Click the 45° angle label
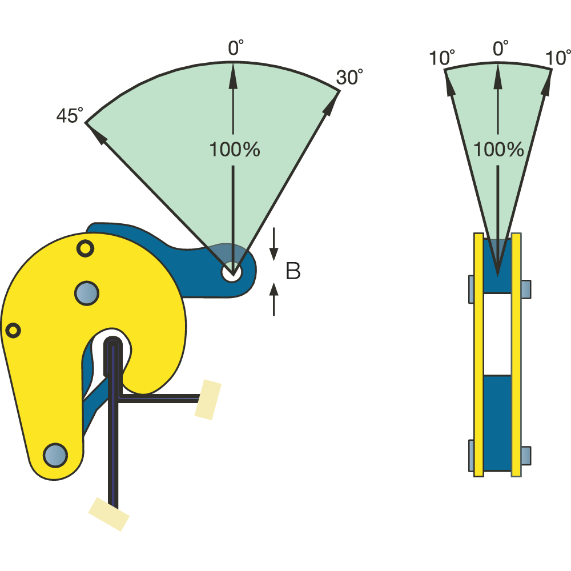click(x=69, y=116)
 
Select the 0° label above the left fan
click(x=236, y=49)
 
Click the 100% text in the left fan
click(x=235, y=150)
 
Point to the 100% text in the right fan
click(x=498, y=150)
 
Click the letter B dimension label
click(x=293, y=272)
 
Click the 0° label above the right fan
click(x=501, y=49)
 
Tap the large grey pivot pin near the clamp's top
click(x=87, y=292)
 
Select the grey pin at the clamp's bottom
click(x=55, y=455)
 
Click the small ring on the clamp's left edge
click(x=13, y=330)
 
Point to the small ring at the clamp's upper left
click(x=85, y=248)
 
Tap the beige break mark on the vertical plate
click(x=108, y=514)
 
